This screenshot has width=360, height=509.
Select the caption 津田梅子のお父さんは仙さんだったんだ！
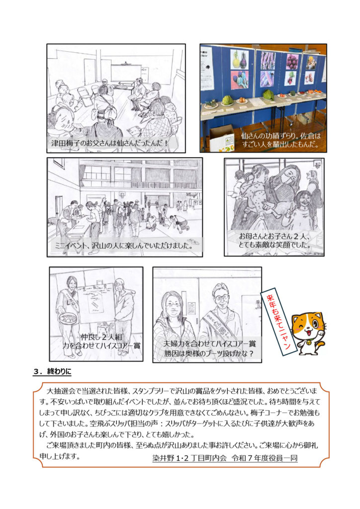pos(110,143)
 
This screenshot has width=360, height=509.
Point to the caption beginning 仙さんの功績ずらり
pos(280,140)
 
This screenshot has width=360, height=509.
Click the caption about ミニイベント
pos(122,245)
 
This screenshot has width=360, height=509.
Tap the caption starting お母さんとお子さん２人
pos(274,241)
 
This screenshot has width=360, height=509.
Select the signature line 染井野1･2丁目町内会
pos(225,458)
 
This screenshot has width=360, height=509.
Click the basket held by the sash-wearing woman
pos(68,319)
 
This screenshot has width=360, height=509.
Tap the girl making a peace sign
pos(301,209)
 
